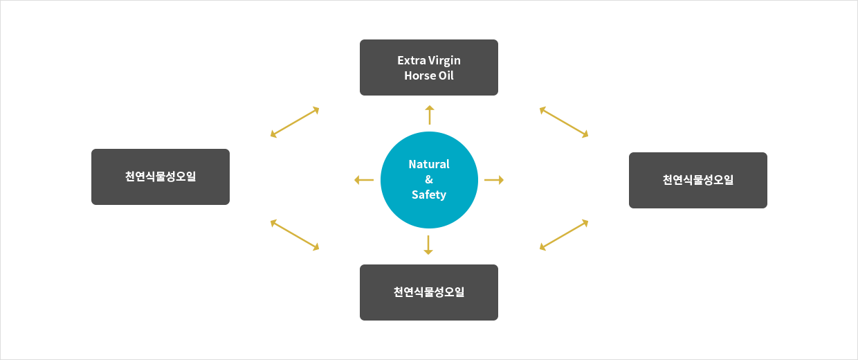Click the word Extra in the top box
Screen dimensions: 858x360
(x=412, y=60)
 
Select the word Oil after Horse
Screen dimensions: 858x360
(x=446, y=75)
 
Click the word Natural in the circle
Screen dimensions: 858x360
(x=429, y=164)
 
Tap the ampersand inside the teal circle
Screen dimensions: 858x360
(x=429, y=179)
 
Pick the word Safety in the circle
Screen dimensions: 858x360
(x=429, y=195)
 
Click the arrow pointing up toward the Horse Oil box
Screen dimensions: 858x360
(x=430, y=115)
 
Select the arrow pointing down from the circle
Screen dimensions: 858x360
(x=428, y=245)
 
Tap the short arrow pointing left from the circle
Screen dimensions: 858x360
(x=364, y=180)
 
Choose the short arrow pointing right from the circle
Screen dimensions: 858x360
(x=494, y=180)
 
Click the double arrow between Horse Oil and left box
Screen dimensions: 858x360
(x=295, y=123)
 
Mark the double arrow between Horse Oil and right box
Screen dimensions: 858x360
(x=564, y=123)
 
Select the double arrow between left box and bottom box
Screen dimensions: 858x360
(x=295, y=235)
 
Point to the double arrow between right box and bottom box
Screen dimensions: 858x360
(x=564, y=235)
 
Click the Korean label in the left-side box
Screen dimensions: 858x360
(x=161, y=177)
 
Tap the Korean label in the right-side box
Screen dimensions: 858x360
(x=698, y=180)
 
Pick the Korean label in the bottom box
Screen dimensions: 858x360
(x=429, y=292)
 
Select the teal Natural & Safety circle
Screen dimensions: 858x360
(x=429, y=180)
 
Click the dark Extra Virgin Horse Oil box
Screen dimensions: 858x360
(x=429, y=67)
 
